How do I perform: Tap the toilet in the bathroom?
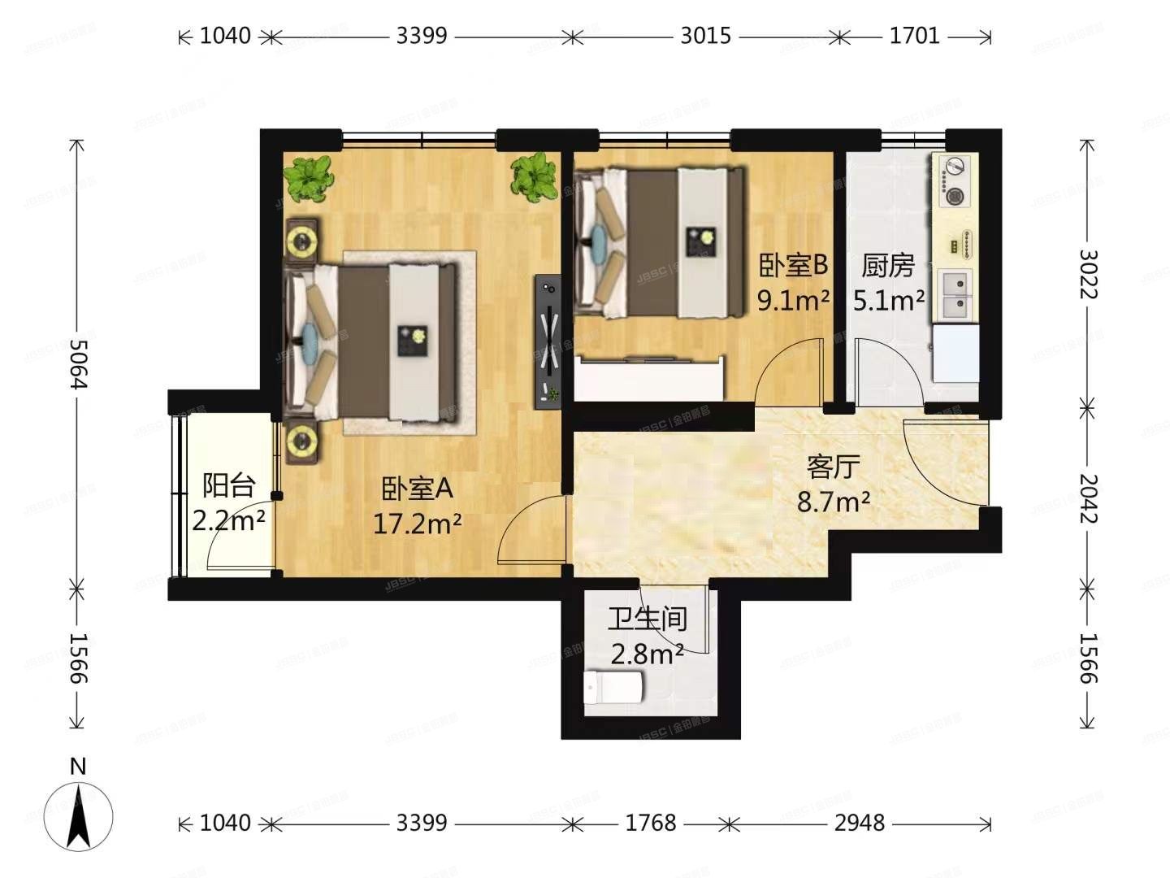[614, 688]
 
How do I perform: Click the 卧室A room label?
[417, 489]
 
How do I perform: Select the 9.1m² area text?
[793, 301]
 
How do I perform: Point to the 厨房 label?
[888, 266]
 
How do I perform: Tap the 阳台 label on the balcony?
[228, 485]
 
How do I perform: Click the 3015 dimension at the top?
[705, 36]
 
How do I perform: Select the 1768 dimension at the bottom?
[650, 824]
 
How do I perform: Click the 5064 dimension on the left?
[77, 363]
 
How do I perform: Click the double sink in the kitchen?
[956, 295]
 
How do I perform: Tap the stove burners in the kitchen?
[955, 180]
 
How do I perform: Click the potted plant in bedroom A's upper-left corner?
[310, 179]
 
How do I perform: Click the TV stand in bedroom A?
[548, 341]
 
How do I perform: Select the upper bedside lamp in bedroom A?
[304, 241]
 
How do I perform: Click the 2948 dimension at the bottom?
[859, 824]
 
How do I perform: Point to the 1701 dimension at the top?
[914, 36]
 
